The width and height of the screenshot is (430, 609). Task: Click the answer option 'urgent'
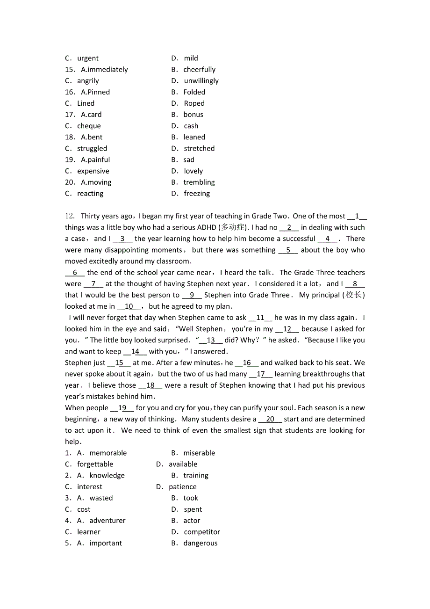coord(88,58)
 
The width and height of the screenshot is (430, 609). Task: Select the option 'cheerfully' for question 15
coord(199,70)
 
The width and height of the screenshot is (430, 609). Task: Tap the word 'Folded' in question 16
coord(194,92)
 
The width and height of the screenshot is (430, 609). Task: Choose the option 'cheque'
coord(89,126)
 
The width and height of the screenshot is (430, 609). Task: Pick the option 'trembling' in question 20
coord(199,182)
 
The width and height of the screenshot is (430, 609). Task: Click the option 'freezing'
coord(197,194)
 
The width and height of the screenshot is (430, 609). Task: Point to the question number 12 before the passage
coord(70,216)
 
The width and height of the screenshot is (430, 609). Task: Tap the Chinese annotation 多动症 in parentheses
coord(232,227)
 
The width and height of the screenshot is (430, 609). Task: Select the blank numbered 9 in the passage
coord(192,295)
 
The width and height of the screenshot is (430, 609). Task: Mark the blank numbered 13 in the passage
coord(211,341)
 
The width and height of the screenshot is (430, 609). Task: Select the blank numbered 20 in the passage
coord(270,420)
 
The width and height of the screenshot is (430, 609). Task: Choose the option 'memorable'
coord(108,453)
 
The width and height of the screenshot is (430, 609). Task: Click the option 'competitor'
coord(202,532)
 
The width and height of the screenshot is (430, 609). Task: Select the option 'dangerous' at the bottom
coord(200,544)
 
